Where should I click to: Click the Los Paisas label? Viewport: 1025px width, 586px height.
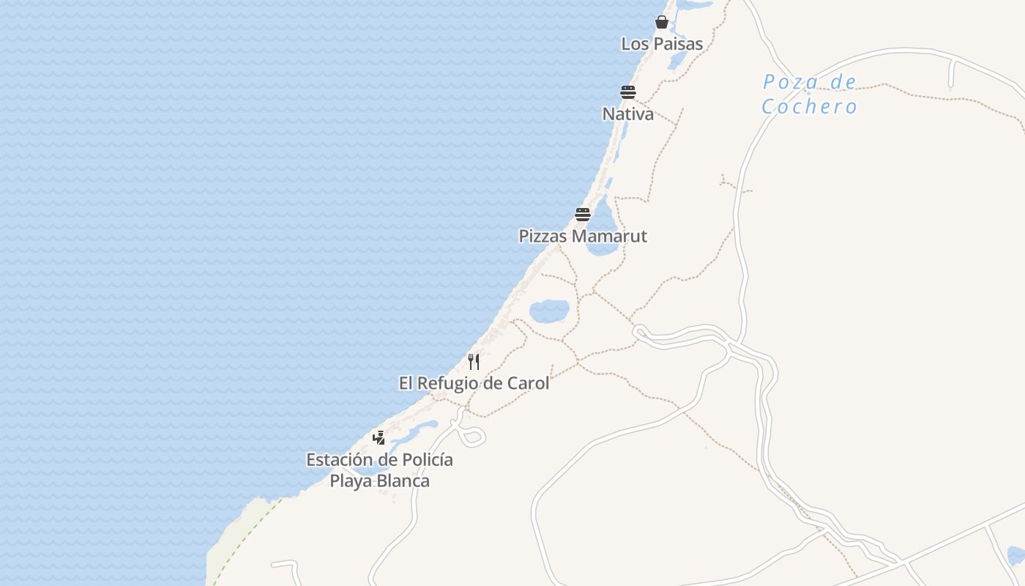pos(662,44)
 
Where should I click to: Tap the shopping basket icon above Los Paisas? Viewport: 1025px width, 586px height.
pos(662,22)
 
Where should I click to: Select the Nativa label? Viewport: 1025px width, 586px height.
pos(628,114)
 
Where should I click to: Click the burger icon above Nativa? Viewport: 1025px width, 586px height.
pos(628,92)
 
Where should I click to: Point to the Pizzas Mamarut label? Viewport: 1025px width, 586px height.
pos(583,237)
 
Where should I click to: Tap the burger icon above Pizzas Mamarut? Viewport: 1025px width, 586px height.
pos(583,215)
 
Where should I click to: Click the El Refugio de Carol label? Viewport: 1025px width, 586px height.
pos(474,383)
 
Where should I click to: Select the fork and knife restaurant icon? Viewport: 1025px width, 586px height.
pos(474,361)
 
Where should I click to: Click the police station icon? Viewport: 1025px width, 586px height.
pos(379,438)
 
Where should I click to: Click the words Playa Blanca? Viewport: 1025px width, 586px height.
pos(379,481)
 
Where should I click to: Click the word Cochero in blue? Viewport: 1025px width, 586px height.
pos(809,107)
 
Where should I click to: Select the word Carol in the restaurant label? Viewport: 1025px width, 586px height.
pos(528,383)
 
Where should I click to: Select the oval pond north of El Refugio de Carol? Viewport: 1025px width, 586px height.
pos(549,311)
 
